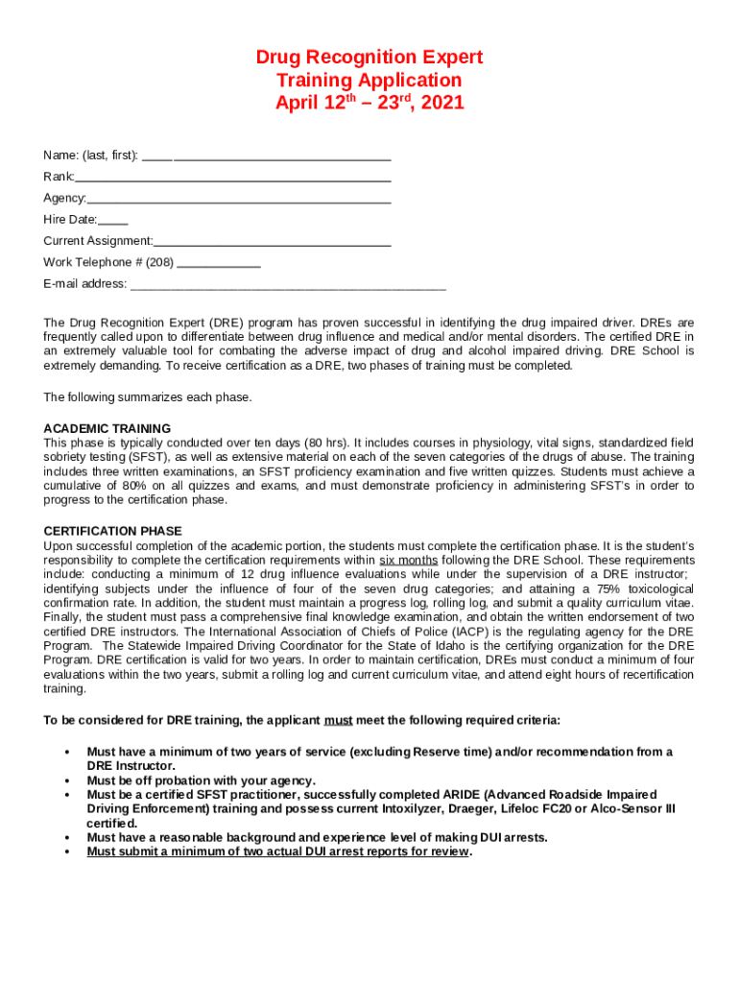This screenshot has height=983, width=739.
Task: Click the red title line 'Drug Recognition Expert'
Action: coord(369,58)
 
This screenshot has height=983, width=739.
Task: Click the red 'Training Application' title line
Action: coord(369,80)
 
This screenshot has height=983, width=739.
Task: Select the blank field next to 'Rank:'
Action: coord(233,178)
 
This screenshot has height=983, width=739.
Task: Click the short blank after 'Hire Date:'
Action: coord(113,221)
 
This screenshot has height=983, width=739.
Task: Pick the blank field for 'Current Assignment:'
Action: coord(273,242)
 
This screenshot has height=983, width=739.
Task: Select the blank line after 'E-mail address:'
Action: coord(288,285)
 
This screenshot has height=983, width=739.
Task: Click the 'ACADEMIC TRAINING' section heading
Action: coord(107,428)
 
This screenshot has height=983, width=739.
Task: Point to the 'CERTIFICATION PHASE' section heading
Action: coord(113,531)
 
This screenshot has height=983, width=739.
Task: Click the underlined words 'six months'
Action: coord(409,560)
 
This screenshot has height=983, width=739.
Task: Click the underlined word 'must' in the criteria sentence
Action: coord(338,720)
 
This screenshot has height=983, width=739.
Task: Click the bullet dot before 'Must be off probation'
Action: coord(66,780)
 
